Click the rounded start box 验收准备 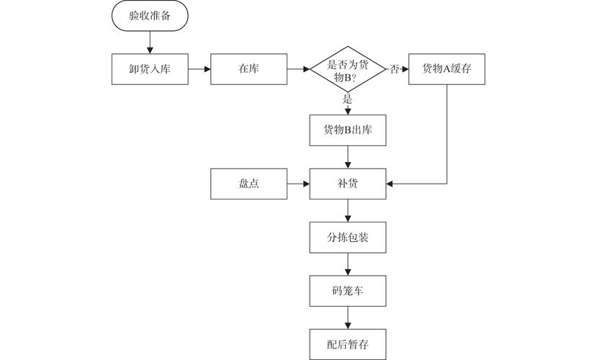[x=150, y=16]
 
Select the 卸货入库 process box [x=150, y=70]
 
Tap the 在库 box [x=248, y=70]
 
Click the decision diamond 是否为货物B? [x=348, y=70]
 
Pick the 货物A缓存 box [x=446, y=70]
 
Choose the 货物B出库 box [x=348, y=130]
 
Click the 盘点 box [x=248, y=184]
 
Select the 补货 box [x=348, y=184]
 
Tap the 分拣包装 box [x=348, y=237]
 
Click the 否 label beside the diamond [x=394, y=70]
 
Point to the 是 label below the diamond [x=348, y=99]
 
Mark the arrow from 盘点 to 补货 [x=298, y=184]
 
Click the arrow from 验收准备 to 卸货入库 [x=150, y=42]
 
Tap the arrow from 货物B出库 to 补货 [x=348, y=158]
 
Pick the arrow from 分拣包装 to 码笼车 [x=348, y=264]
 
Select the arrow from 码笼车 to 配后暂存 [x=348, y=316]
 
